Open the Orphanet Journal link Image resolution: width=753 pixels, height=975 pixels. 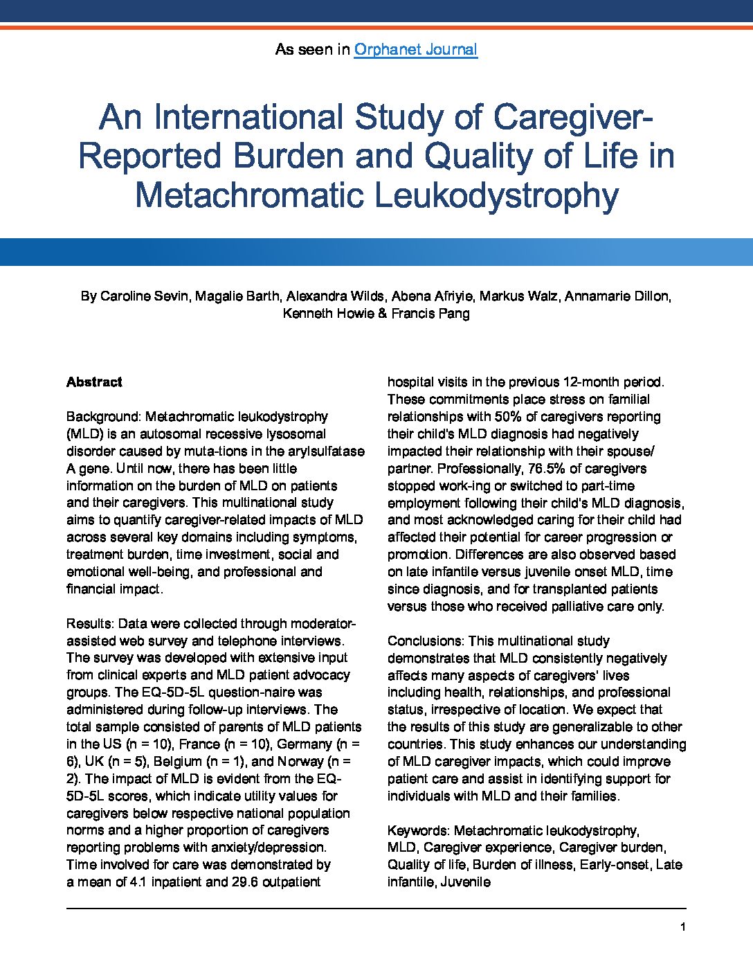(x=415, y=50)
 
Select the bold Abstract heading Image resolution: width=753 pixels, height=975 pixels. (x=94, y=382)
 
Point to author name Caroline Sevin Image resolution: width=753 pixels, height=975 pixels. (x=143, y=296)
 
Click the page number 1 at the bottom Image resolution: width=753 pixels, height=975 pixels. (x=683, y=927)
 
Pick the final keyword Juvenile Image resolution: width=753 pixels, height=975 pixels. (x=466, y=882)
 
